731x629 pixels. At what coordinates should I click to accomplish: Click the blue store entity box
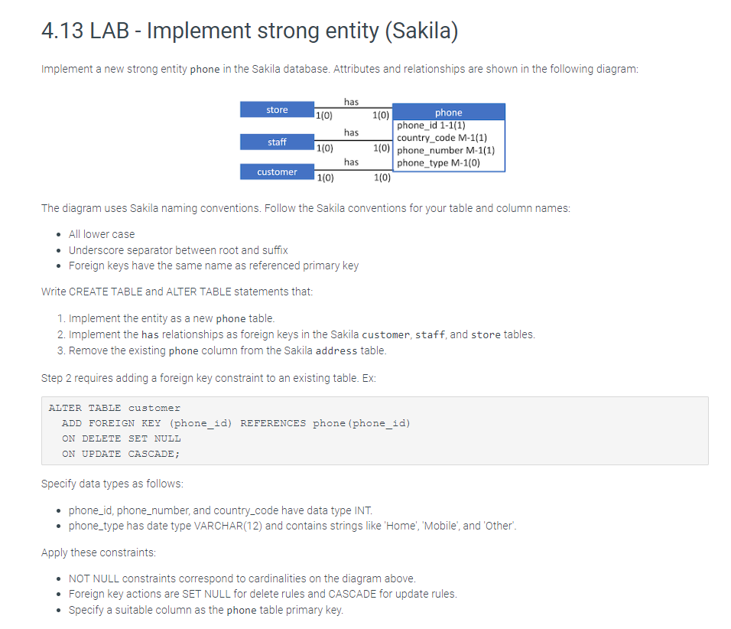(x=277, y=109)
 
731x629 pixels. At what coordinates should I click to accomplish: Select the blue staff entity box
(x=277, y=142)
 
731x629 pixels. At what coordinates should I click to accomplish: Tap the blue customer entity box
(x=277, y=171)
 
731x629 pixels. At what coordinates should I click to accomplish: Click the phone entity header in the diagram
(x=449, y=112)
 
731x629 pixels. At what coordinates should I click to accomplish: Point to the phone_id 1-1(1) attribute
(x=430, y=125)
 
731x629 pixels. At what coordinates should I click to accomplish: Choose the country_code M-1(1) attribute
(x=441, y=138)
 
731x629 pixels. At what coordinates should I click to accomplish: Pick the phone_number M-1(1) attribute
(x=446, y=150)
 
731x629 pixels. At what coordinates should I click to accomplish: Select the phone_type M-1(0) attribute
(x=438, y=163)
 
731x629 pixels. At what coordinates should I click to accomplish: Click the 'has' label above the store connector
(x=351, y=102)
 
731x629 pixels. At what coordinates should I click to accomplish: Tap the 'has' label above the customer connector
(x=351, y=162)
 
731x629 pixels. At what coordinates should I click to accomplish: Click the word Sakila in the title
(x=421, y=31)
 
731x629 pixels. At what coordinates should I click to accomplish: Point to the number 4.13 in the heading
(x=62, y=31)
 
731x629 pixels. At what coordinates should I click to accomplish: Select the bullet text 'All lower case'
(x=102, y=234)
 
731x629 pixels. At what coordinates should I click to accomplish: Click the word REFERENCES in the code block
(x=273, y=423)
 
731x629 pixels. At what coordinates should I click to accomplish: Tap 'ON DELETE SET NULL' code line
(x=122, y=438)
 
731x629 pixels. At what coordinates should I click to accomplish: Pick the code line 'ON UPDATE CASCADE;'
(x=121, y=454)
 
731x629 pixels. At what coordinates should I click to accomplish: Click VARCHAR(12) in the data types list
(x=228, y=526)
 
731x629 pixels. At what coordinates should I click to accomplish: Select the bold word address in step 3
(x=336, y=351)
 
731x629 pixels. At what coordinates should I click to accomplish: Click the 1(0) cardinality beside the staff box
(x=324, y=148)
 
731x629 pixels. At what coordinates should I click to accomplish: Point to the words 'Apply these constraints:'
(x=99, y=552)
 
